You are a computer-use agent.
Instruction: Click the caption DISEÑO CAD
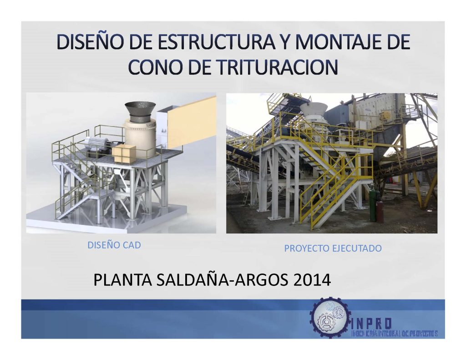pyautogui.click(x=114, y=245)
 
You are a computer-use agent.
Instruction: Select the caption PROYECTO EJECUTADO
pyautogui.click(x=333, y=248)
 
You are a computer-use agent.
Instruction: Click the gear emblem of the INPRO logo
pyautogui.click(x=329, y=317)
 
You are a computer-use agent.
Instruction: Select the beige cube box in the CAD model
pyautogui.click(x=124, y=153)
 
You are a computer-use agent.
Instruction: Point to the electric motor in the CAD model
pyautogui.click(x=96, y=145)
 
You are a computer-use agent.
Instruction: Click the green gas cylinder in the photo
pyautogui.click(x=373, y=206)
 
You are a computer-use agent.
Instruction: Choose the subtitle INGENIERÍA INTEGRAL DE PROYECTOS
pyautogui.click(x=394, y=334)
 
